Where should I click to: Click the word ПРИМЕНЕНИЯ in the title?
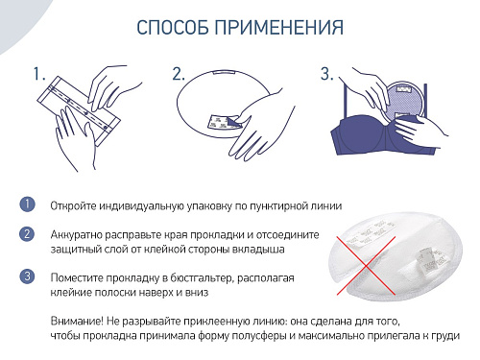point(279,27)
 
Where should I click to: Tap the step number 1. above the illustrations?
point(39,74)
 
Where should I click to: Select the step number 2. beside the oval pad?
point(179,74)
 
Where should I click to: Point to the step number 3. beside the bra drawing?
point(327,74)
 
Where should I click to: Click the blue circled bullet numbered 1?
point(27,204)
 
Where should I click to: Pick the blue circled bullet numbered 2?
point(27,234)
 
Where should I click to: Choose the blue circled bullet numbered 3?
point(27,276)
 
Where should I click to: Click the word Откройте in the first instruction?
point(73,205)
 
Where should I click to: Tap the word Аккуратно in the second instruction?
point(77,235)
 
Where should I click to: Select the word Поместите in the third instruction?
point(76,277)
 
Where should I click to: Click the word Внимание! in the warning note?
point(77,321)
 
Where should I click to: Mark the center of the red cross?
point(366,265)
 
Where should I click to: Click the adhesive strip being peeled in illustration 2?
point(223,122)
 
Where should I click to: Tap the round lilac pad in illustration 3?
point(404,102)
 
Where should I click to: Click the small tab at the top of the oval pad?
point(224,72)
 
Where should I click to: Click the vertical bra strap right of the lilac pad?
point(425,101)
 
